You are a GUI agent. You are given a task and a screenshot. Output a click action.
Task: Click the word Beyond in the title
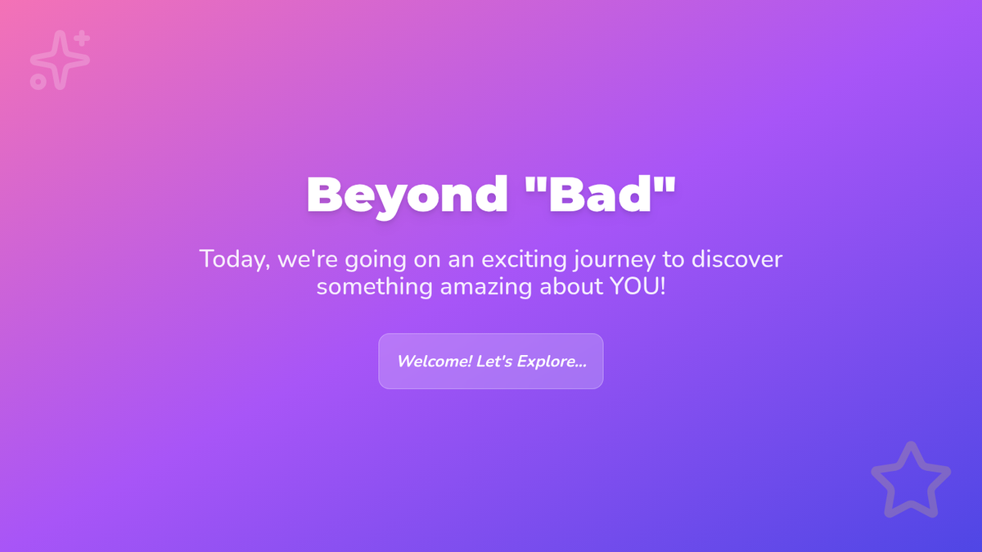(x=408, y=195)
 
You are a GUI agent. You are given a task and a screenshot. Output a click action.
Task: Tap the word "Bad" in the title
(x=600, y=194)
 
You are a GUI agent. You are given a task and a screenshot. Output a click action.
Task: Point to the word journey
(x=615, y=260)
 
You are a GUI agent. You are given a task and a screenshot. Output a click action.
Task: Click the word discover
(x=736, y=259)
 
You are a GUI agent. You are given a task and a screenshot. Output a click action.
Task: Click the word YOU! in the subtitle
(x=637, y=286)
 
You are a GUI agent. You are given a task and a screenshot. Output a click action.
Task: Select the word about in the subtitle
(x=571, y=286)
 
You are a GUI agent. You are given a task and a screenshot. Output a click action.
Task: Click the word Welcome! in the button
(x=434, y=361)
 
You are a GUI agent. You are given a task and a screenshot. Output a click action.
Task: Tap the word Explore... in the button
(x=552, y=361)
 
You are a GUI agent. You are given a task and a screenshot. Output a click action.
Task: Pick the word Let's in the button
(x=494, y=361)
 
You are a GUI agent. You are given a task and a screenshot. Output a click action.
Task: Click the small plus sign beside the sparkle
(x=82, y=38)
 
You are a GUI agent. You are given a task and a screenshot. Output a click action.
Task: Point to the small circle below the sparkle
(x=38, y=82)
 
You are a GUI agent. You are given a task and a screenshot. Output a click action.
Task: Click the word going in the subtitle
(x=376, y=260)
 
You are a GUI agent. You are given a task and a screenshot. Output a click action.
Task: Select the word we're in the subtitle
(x=308, y=259)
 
